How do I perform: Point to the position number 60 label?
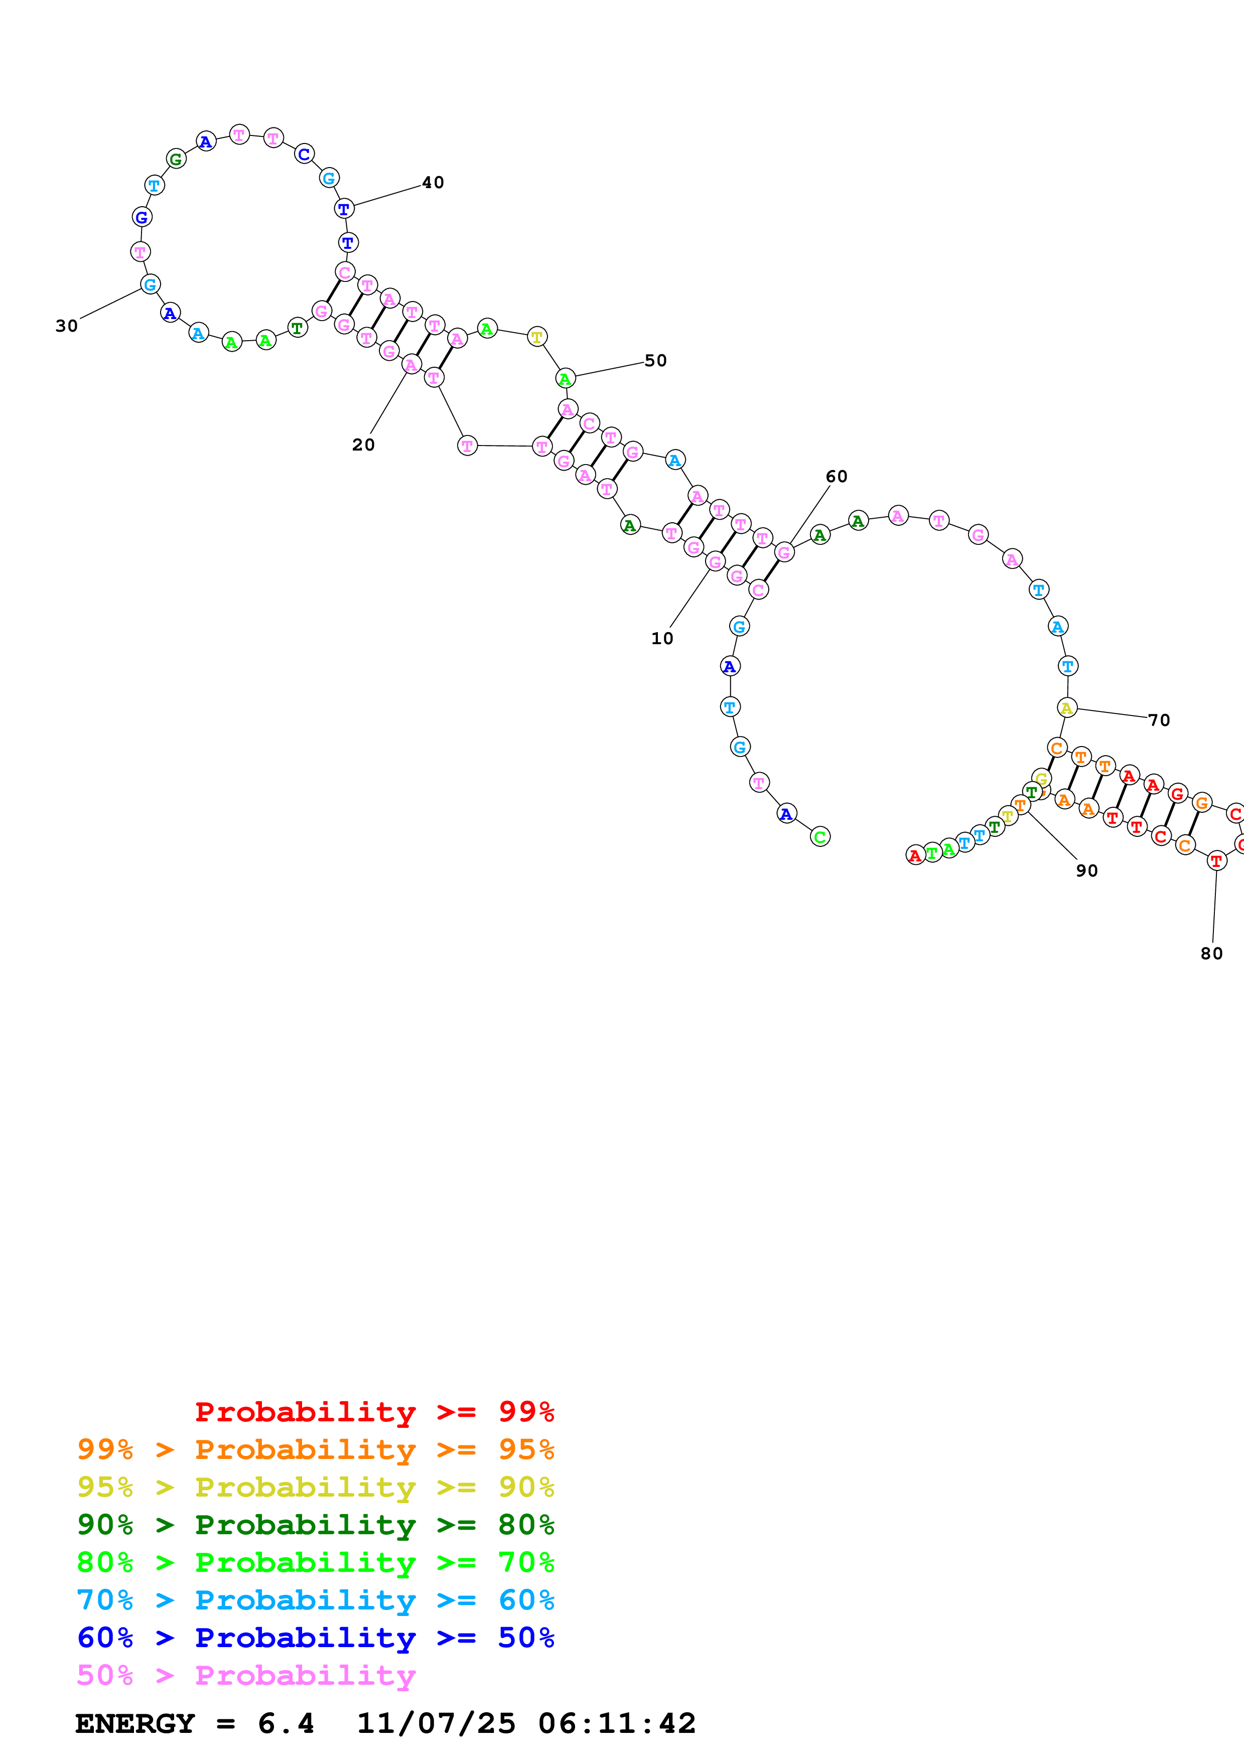pyautogui.click(x=836, y=477)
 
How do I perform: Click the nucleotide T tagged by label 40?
pyautogui.click(x=344, y=209)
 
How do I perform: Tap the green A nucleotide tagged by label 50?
pyautogui.click(x=565, y=379)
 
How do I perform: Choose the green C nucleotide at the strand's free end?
pyautogui.click(x=819, y=837)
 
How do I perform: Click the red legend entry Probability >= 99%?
pyautogui.click(x=374, y=1412)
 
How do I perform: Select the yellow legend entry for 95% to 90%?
pyautogui.click(x=315, y=1487)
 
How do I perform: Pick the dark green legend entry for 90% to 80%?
pyautogui.click(x=315, y=1525)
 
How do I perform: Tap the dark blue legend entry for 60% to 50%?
pyautogui.click(x=315, y=1638)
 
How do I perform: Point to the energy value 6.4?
pyautogui.click(x=286, y=1724)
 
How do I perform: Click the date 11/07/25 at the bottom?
pyautogui.click(x=436, y=1724)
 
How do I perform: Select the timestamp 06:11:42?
pyautogui.click(x=617, y=1724)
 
